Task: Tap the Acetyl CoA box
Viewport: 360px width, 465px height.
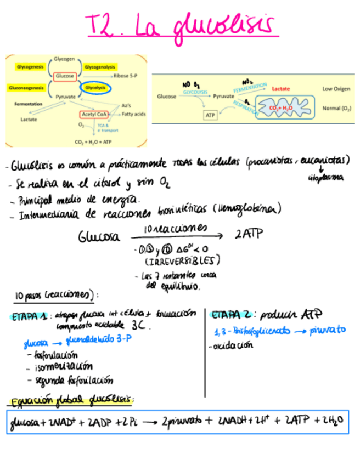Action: pos(94,114)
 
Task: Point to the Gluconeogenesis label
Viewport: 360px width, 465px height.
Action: pos(25,87)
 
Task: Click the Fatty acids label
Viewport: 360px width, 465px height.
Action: pos(133,114)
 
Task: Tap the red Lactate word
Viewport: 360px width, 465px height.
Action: pos(282,88)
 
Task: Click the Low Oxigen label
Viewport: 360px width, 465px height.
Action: pos(336,88)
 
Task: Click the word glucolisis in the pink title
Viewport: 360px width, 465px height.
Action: pos(222,25)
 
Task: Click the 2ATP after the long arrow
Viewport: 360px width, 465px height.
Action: pos(249,234)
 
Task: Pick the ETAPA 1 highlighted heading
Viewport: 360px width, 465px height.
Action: pos(27,315)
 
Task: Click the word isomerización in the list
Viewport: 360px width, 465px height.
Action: pos(63,367)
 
